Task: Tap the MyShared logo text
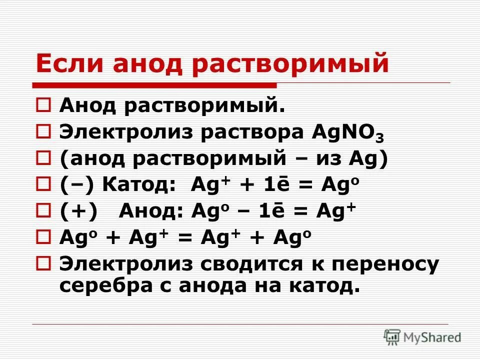(x=433, y=337)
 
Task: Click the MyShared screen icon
(x=392, y=337)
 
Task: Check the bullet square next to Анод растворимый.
(x=43, y=106)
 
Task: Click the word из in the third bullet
(x=328, y=159)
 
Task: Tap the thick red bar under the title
(x=155, y=84)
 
